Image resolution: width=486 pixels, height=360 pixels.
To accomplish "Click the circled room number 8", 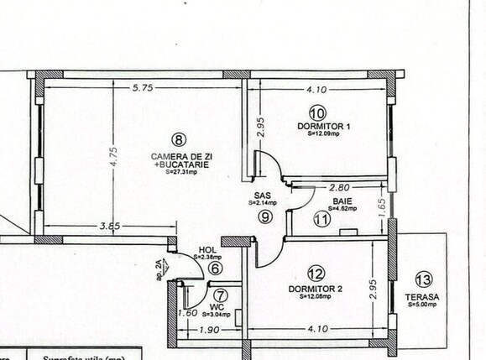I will click(177, 139).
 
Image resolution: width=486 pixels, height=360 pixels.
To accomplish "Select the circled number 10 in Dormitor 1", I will click(317, 112).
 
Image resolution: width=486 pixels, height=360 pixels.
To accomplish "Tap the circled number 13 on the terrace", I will click(424, 280).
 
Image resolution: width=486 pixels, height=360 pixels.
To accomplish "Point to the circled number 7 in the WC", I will click(220, 295).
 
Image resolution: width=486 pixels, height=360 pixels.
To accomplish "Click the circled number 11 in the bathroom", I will click(321, 220).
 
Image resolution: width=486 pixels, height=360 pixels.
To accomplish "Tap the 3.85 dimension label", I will click(110, 226).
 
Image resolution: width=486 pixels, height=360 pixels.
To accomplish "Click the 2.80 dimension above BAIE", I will click(340, 188).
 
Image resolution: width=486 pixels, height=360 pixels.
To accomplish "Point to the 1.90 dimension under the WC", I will click(209, 331).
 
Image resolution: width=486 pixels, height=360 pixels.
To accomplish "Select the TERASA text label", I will click(425, 296).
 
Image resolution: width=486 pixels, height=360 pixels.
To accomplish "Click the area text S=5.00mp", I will click(423, 305).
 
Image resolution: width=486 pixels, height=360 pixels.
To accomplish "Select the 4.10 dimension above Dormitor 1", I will click(316, 86).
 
